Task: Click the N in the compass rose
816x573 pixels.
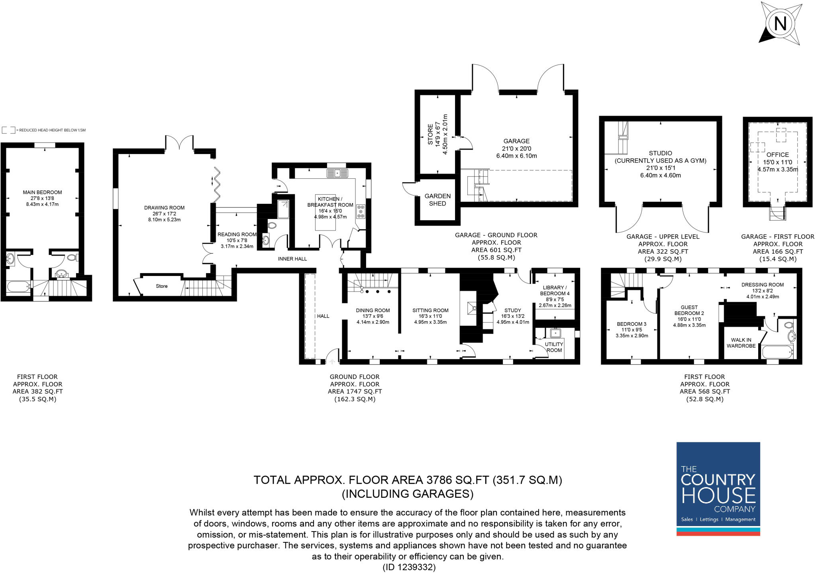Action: [x=780, y=24]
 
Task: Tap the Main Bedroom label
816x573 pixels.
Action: [x=42, y=192]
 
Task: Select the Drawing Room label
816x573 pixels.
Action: [x=164, y=207]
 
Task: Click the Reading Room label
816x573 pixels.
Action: [x=237, y=235]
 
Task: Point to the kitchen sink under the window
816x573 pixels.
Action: [x=337, y=173]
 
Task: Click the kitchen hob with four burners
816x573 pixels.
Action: [x=361, y=211]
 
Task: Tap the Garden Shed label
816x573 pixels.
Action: [x=437, y=199]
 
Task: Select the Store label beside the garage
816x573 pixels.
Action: [x=430, y=135]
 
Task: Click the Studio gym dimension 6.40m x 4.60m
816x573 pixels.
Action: [x=660, y=175]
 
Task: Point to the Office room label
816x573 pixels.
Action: [x=777, y=154]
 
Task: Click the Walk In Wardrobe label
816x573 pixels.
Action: [x=741, y=343]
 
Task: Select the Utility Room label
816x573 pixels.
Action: [x=554, y=347]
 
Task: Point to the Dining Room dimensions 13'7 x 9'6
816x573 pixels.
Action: [x=373, y=316]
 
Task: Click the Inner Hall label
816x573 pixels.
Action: [x=292, y=259]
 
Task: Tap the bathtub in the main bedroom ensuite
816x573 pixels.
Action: [x=18, y=286]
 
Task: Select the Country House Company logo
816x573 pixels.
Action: [x=718, y=489]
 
